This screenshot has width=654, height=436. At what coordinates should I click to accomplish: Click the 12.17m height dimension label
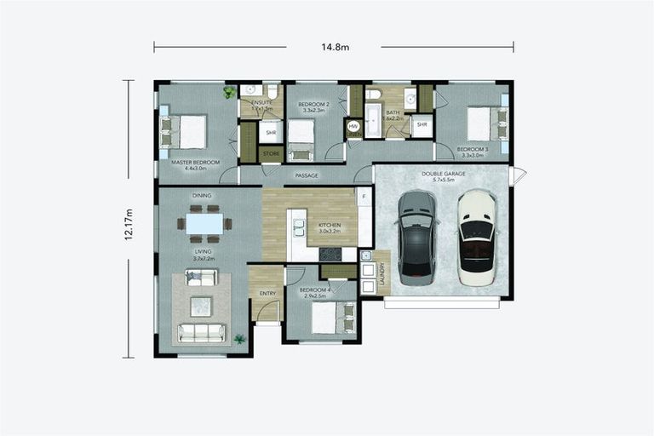(x=129, y=224)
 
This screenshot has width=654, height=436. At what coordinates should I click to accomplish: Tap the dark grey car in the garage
(x=416, y=237)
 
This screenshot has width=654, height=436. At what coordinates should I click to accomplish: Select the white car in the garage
(x=477, y=237)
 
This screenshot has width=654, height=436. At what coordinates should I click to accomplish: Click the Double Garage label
(x=443, y=174)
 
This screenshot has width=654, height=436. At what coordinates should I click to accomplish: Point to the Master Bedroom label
(x=195, y=162)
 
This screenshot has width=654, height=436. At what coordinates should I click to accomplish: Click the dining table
(x=204, y=223)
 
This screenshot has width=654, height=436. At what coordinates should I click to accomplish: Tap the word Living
(x=202, y=251)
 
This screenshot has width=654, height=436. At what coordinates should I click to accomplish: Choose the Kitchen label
(x=329, y=225)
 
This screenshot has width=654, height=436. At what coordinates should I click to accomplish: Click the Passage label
(x=307, y=175)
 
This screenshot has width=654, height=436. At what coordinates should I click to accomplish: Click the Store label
(x=271, y=153)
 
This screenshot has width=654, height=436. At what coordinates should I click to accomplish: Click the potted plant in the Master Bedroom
(x=229, y=92)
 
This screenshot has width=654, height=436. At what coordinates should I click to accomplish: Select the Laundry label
(x=382, y=273)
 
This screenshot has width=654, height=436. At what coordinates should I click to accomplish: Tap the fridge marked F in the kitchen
(x=364, y=196)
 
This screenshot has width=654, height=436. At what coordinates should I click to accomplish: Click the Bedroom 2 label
(x=313, y=104)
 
